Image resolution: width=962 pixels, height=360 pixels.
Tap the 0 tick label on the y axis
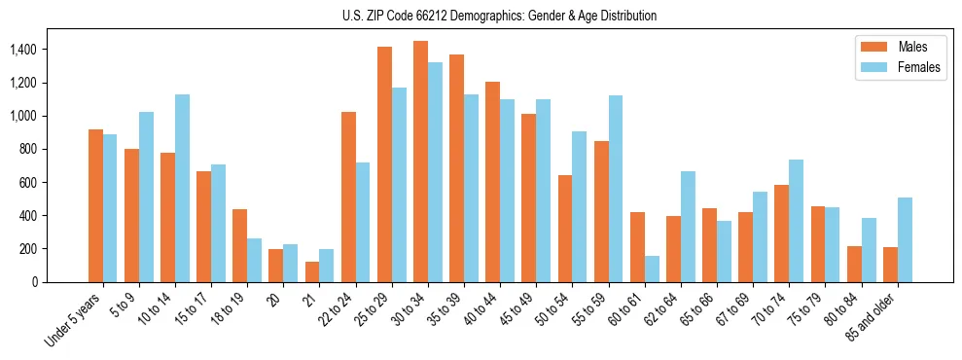pos(34,282)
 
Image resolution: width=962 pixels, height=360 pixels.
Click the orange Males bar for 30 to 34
pos(420,162)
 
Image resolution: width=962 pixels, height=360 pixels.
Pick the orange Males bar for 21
pos(312,271)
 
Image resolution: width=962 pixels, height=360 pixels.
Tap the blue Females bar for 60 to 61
pos(652,269)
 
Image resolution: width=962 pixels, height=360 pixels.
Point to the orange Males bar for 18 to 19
pos(239,245)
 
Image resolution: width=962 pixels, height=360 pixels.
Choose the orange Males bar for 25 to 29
pos(384,164)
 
